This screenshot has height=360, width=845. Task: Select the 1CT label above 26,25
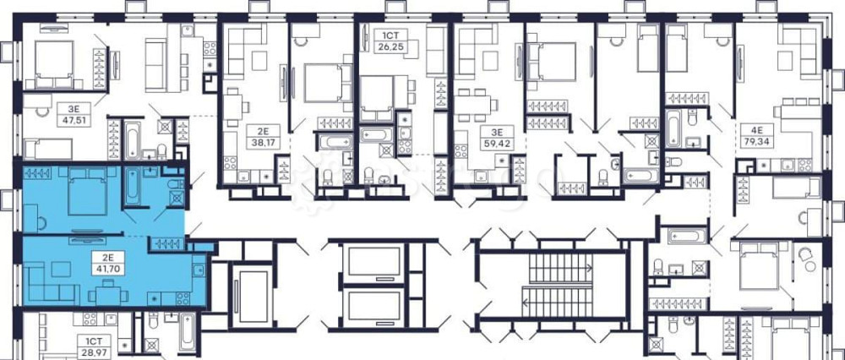pos(390,37)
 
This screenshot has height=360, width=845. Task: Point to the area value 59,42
pos(496,144)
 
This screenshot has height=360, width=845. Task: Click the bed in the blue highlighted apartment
pos(87,191)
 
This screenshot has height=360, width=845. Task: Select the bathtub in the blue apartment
pos(132,186)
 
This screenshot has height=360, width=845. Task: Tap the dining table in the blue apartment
pos(108,295)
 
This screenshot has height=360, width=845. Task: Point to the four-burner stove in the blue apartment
pos(183,298)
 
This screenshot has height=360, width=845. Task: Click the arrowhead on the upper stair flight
pos(589,267)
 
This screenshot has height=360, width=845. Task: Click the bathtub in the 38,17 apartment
pos(335,142)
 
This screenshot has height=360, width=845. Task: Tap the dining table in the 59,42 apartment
pos(472,103)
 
